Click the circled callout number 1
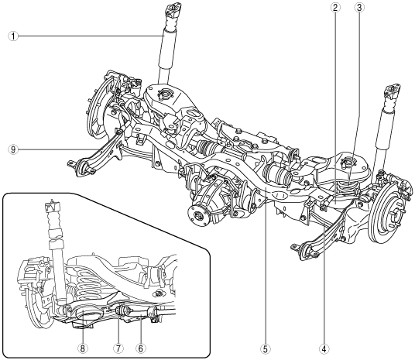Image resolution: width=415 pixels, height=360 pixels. click(x=13, y=36)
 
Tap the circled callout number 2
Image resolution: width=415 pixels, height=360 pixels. click(x=335, y=8)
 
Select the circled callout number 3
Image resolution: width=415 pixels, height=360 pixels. click(x=359, y=8)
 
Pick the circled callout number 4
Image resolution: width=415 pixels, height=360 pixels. click(x=324, y=349)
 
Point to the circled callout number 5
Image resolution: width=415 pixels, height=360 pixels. click(x=266, y=349)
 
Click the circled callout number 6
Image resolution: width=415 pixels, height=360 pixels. click(x=141, y=348)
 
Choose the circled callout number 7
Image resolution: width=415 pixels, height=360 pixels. click(x=118, y=348)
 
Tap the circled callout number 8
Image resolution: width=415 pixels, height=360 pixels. click(x=83, y=348)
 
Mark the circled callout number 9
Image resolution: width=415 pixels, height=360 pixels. click(x=13, y=149)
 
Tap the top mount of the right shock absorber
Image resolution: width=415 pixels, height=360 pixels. click(x=393, y=91)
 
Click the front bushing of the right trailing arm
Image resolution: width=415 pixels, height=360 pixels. click(x=304, y=250)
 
